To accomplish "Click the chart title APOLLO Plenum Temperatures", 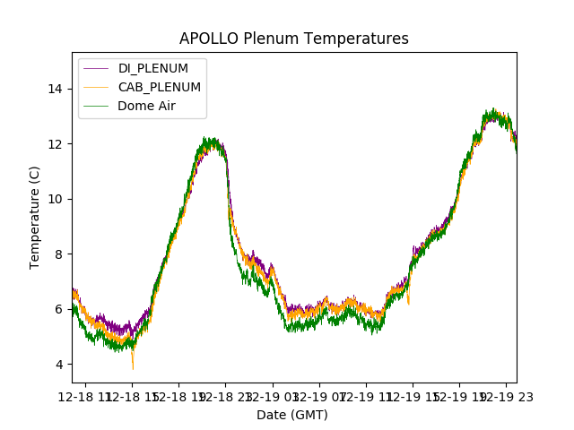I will click(x=294, y=39).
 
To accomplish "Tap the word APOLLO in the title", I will click(x=204, y=39).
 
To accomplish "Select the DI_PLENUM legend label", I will click(x=153, y=69).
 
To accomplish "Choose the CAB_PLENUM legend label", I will click(x=160, y=87).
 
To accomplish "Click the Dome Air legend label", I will click(x=146, y=106).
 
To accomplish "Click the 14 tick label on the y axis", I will click(x=56, y=89).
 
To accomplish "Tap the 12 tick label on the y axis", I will click(x=56, y=144).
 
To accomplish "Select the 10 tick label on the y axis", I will click(x=56, y=199).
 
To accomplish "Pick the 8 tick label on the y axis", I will click(x=59, y=254).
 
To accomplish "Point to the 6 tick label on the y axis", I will click(x=59, y=309).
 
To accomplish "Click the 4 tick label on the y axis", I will click(x=59, y=365).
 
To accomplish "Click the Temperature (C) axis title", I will click(x=35, y=217).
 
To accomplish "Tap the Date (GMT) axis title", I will click(x=292, y=415).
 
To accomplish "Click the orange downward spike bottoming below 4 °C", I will click(x=133, y=366).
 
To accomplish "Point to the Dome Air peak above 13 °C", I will click(x=491, y=111).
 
